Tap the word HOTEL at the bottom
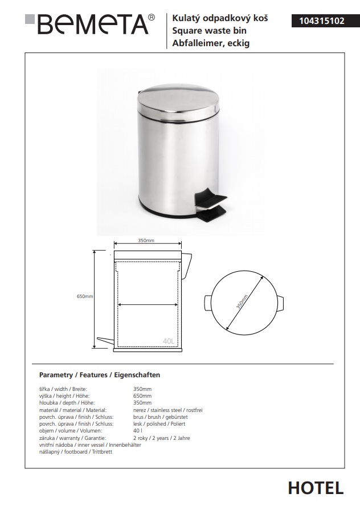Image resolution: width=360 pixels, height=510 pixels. click(x=316, y=488)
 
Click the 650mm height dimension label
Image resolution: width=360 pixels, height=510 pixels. click(x=85, y=296)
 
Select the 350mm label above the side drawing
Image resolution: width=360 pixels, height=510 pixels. click(x=146, y=241)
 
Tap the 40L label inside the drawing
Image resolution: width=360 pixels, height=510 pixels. click(x=168, y=341)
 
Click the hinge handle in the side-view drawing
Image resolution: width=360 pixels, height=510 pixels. click(x=187, y=262)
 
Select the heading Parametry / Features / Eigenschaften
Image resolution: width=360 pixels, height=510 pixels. click(x=99, y=375)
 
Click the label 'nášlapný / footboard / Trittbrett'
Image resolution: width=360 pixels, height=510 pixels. click(x=76, y=451)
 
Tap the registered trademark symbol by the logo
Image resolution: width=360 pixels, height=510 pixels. click(x=151, y=18)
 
